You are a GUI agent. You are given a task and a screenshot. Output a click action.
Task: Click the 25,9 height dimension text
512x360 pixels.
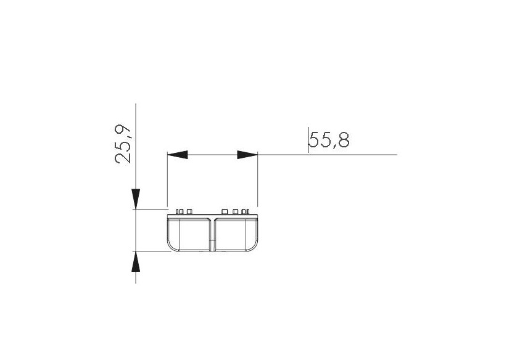click(x=123, y=144)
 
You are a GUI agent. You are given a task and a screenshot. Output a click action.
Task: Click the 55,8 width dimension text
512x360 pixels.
click(x=329, y=141)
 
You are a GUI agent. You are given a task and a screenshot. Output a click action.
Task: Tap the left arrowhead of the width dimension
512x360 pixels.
click(x=178, y=154)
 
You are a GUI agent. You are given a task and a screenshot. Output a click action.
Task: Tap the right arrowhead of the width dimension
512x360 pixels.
click(x=247, y=154)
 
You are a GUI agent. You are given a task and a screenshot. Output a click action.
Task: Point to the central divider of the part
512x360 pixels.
click(x=213, y=234)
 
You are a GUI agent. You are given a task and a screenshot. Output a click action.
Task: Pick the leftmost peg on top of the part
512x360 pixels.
click(x=178, y=212)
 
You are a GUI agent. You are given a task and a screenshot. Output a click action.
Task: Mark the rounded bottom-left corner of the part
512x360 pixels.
click(x=171, y=246)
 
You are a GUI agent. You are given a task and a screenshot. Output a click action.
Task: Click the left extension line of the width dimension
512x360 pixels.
click(x=168, y=179)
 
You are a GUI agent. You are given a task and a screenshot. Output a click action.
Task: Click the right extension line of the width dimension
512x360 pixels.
click(x=258, y=179)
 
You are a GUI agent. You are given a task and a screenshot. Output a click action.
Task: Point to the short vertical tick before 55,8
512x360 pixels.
click(x=308, y=139)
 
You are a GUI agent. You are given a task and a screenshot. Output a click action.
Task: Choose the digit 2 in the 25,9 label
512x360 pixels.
click(x=123, y=157)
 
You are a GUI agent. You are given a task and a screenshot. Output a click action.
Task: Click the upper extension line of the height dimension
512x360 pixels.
click(x=151, y=210)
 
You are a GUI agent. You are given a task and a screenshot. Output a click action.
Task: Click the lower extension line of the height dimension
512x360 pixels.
click(x=151, y=251)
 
